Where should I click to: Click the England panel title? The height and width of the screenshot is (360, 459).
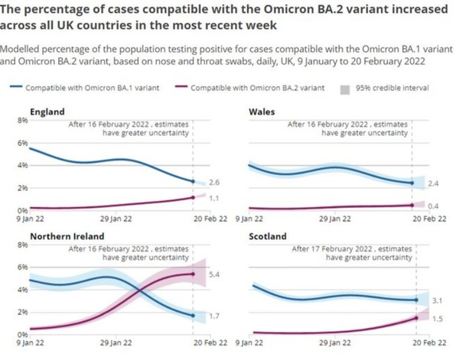tap(47, 112)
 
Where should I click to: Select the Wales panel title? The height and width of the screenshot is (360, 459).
tap(262, 112)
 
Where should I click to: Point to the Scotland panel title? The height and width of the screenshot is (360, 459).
tap(267, 236)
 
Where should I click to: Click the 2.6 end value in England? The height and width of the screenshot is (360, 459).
tap(214, 182)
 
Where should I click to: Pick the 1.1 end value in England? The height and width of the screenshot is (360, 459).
tap(214, 197)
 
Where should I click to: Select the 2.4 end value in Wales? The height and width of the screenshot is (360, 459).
tap(433, 183)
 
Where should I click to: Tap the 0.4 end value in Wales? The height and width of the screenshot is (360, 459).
tap(433, 206)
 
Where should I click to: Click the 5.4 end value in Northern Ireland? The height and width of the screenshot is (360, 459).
tap(214, 274)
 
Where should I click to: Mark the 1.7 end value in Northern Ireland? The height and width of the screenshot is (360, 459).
tap(214, 315)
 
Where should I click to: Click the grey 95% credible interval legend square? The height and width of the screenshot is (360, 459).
tap(345, 89)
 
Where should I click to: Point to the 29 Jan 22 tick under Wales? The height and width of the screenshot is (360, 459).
tap(330, 219)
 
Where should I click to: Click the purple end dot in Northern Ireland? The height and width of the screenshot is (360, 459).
tap(192, 274)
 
